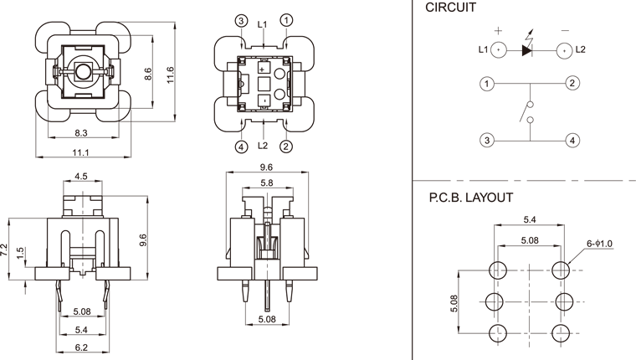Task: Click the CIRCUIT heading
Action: [x=451, y=8]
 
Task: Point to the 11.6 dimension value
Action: [x=170, y=74]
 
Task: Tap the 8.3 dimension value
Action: [x=81, y=133]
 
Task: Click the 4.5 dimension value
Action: [x=82, y=177]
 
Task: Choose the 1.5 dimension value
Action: [x=19, y=253]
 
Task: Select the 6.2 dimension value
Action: [x=82, y=346]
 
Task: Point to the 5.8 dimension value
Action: [x=265, y=183]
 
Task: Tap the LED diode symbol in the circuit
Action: [x=527, y=49]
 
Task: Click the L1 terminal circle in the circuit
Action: [x=498, y=49]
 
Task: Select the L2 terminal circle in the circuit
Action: [x=567, y=49]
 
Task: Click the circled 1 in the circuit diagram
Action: [x=486, y=83]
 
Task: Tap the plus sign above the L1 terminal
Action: [x=498, y=30]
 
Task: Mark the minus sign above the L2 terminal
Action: [x=566, y=30]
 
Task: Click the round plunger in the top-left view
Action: [x=82, y=70]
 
